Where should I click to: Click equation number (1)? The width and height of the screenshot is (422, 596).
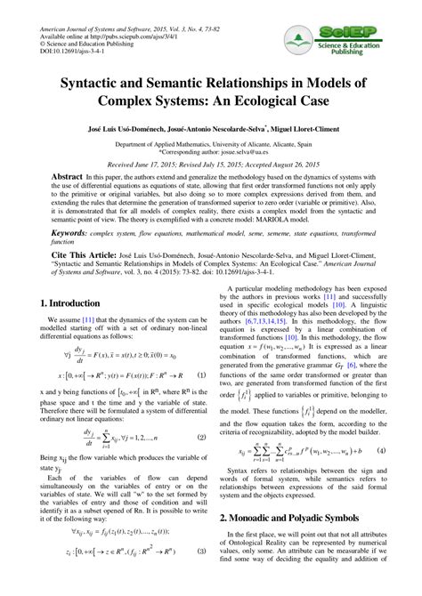(x=201, y=376)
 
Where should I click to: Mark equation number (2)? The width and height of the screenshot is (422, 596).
(x=201, y=437)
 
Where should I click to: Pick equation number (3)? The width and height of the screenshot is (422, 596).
(x=201, y=576)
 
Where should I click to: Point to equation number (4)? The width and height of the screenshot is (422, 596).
(x=381, y=476)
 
